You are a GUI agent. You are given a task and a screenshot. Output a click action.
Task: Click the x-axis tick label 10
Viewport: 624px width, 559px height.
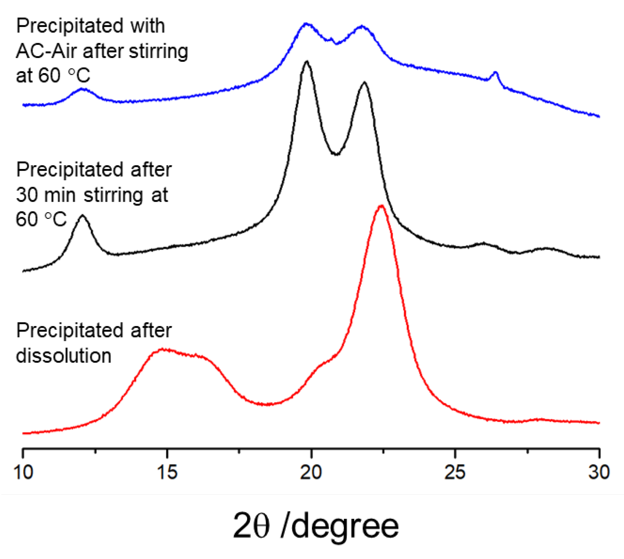tap(23, 472)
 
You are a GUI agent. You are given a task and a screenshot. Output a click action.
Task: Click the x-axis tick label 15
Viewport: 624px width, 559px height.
tap(167, 472)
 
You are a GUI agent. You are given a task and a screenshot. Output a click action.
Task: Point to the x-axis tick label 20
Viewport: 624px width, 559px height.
tap(311, 472)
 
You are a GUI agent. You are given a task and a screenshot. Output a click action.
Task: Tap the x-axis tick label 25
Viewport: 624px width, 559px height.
tap(455, 472)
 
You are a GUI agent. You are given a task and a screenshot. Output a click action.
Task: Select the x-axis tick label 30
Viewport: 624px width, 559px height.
tap(599, 472)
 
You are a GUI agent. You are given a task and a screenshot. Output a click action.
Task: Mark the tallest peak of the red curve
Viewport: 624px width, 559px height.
tap(381, 206)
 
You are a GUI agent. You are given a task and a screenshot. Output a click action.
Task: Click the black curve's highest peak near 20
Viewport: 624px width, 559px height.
tap(307, 62)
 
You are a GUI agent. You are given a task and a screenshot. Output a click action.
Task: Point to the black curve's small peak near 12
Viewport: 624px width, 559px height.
tap(83, 216)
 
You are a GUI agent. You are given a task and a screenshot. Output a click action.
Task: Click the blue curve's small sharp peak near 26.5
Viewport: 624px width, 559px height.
tap(495, 73)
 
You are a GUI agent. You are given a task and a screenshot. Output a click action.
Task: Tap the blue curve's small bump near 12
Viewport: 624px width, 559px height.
tap(82, 89)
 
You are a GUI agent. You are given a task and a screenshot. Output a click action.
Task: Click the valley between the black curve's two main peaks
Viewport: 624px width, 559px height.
tap(336, 154)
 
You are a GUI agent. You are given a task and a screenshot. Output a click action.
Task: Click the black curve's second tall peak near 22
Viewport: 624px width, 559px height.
tap(364, 83)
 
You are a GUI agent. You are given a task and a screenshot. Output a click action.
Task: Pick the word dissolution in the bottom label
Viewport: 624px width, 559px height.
tap(64, 356)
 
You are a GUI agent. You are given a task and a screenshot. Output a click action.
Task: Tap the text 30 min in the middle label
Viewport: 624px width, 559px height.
tap(45, 195)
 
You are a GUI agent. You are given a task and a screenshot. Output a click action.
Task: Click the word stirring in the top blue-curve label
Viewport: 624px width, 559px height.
tap(158, 51)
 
